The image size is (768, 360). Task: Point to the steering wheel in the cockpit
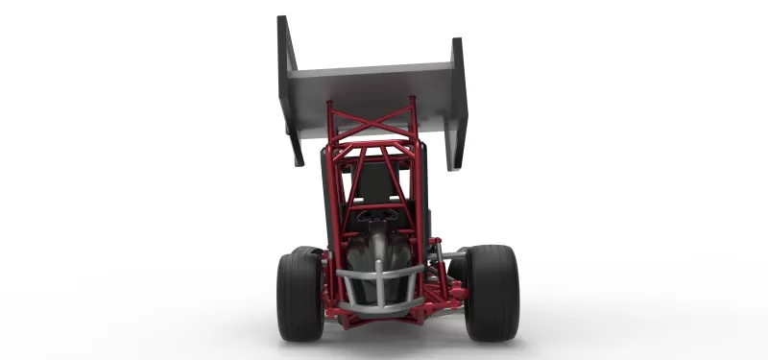click(x=377, y=216)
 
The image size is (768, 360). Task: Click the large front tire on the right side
click(x=492, y=292)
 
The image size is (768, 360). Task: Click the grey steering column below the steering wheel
click(x=380, y=240)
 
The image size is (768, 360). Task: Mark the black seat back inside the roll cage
click(x=374, y=182)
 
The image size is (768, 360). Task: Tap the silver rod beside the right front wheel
click(x=452, y=255)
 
